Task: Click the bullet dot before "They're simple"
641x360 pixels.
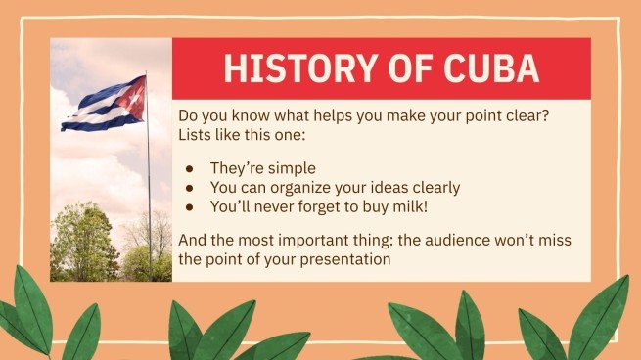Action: pos(192,168)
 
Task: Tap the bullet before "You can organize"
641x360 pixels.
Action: pos(192,187)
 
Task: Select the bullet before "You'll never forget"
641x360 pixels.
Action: pos(192,206)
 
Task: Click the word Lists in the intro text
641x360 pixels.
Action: pos(196,134)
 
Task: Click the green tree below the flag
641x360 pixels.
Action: pos(84,245)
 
